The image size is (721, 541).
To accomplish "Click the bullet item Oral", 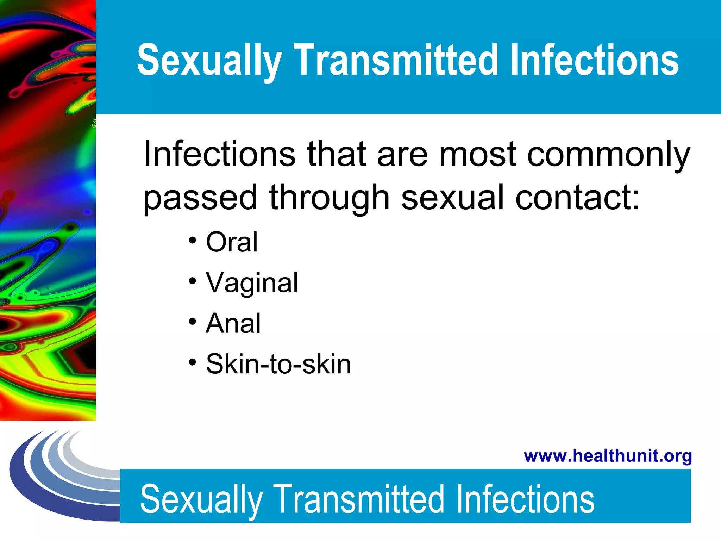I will tap(232, 242).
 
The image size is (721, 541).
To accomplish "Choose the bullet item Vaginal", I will tap(252, 283).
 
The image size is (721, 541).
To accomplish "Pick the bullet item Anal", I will tap(233, 323).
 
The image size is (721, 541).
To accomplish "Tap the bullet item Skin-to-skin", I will tap(278, 364).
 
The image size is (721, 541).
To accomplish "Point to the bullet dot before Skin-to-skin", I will tap(192, 362).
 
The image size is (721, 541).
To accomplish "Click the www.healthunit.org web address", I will tap(608, 456).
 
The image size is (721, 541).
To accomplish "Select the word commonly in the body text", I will tap(608, 155).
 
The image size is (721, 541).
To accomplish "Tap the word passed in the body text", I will tap(200, 198).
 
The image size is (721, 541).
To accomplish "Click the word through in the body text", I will tap(329, 198).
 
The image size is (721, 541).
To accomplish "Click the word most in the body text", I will tap(478, 155).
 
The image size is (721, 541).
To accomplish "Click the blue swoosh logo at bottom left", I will tap(53, 475).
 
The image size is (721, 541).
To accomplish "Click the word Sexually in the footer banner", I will tap(201, 499).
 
